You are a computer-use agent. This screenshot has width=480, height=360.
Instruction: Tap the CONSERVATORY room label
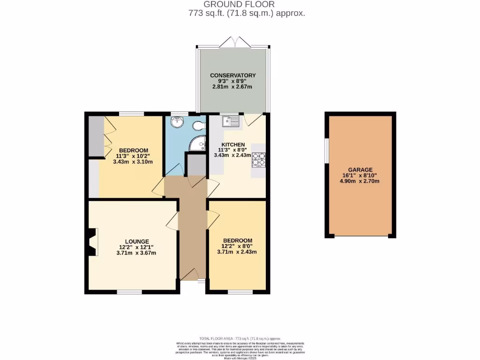point(232,75)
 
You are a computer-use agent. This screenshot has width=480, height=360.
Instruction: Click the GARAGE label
point(360,170)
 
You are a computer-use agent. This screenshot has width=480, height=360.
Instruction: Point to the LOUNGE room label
point(134,241)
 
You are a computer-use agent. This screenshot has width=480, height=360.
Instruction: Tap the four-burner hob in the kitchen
point(259,160)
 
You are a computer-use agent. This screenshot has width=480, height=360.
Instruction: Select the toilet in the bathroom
point(200,125)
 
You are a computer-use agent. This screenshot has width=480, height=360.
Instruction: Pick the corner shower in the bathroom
point(199,143)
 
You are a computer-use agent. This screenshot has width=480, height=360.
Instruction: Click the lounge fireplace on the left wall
point(92,242)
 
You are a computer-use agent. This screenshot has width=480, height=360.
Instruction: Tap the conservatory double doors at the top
point(233,43)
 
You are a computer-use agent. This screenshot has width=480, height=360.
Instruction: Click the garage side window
point(327,150)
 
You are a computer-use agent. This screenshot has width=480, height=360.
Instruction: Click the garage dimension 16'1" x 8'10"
point(360,176)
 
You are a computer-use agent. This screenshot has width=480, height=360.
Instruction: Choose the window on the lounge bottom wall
point(129,292)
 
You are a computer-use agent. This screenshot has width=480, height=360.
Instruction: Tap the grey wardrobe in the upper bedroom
point(97,136)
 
